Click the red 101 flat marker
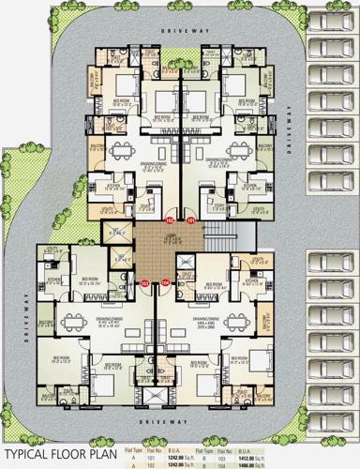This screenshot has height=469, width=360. pyautogui.click(x=191, y=221)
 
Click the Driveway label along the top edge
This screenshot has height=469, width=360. pyautogui.click(x=177, y=30)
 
